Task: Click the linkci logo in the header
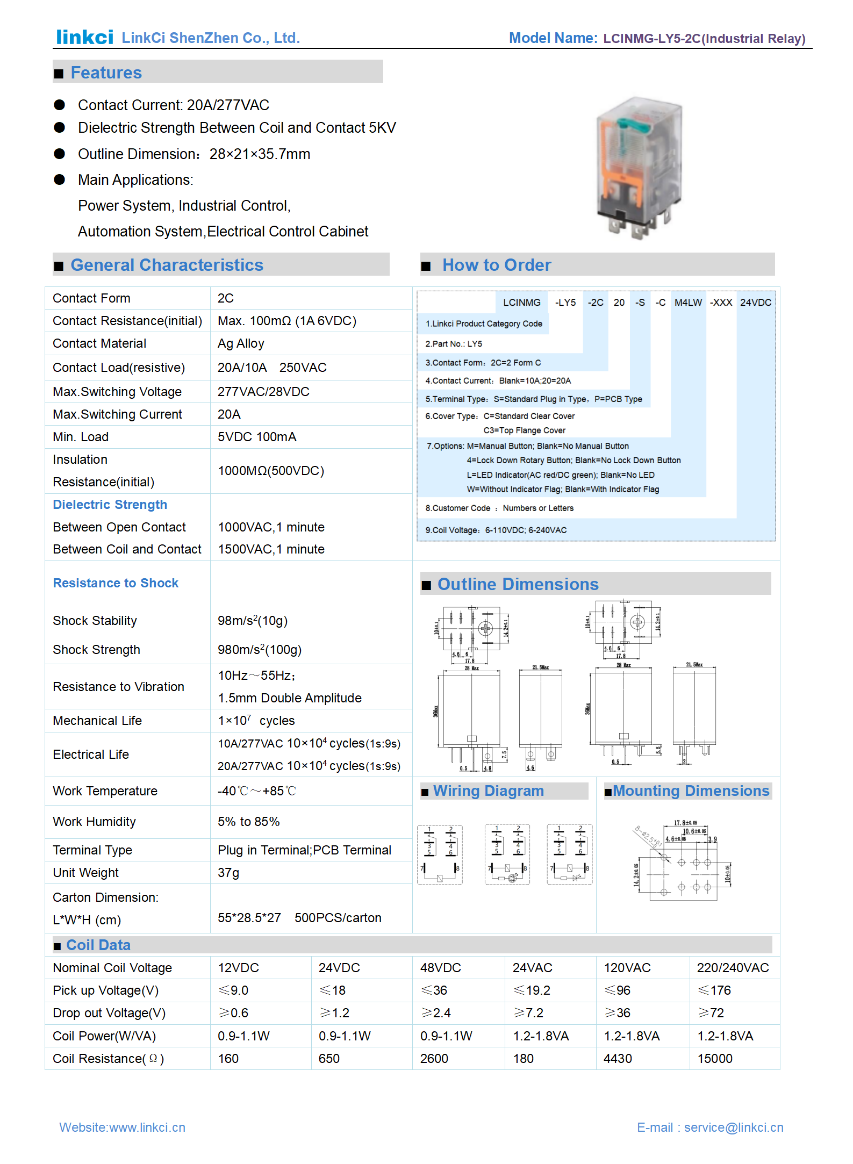[x=84, y=37]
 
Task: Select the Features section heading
[x=106, y=73]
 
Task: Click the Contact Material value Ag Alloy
[x=241, y=343]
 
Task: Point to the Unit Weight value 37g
[x=228, y=873]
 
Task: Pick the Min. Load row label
[x=81, y=437]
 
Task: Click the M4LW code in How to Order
[x=688, y=303]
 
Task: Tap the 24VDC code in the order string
[x=755, y=303]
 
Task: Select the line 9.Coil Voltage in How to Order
[x=496, y=530]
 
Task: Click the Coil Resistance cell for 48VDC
[x=434, y=1059]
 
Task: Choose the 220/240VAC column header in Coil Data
[x=733, y=968]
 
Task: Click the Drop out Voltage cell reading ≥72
[x=711, y=1013]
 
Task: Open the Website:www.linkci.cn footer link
[x=122, y=1127]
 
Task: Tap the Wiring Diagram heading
[x=488, y=791]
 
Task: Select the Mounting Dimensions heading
[x=691, y=791]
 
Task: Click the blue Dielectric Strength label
[x=110, y=505]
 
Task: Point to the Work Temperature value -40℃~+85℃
[x=256, y=791]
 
